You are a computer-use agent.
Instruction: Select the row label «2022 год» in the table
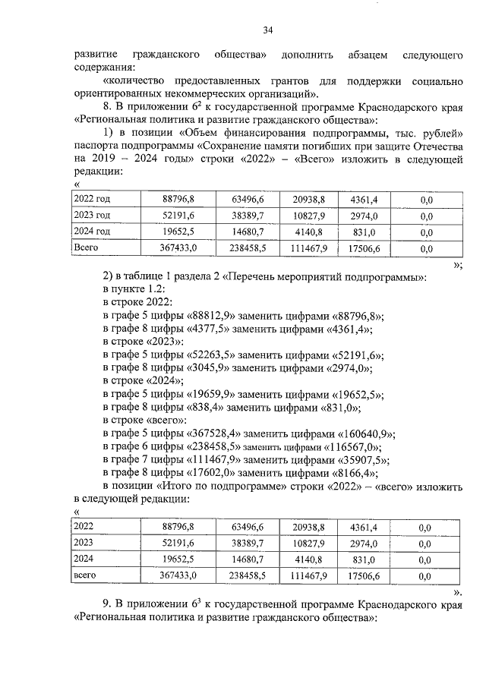(x=91, y=199)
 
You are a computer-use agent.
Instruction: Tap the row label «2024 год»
(x=91, y=232)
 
